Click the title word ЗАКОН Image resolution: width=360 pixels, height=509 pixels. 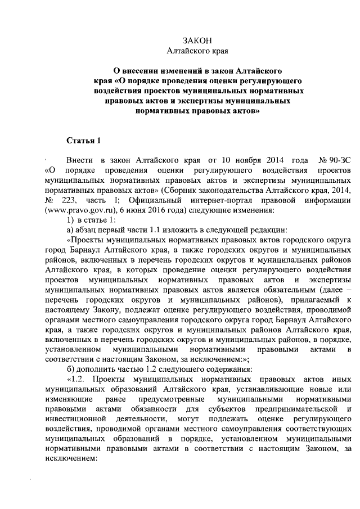point(197,40)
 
